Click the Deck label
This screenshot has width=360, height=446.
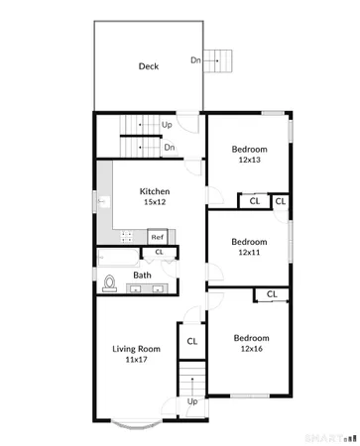(149, 67)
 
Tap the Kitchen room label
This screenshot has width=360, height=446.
(154, 191)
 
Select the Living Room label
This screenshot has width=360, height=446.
(136, 348)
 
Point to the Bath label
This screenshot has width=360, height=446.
(143, 276)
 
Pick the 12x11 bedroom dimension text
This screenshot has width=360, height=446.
(249, 253)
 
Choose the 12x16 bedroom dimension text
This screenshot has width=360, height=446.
(250, 349)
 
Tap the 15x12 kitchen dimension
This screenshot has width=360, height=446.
(154, 202)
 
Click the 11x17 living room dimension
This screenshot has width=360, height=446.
(136, 360)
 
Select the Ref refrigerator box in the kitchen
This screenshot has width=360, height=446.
(157, 237)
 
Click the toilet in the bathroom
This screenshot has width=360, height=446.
(109, 284)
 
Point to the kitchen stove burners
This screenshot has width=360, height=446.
(127, 237)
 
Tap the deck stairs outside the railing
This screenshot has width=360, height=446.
(223, 61)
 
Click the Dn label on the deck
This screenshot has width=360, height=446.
(196, 60)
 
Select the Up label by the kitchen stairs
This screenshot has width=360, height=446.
(167, 126)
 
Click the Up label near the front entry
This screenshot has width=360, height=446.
(192, 402)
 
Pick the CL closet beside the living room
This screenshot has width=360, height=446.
(192, 341)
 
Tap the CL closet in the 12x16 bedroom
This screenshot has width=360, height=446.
(271, 294)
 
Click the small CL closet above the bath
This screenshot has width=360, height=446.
(159, 253)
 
